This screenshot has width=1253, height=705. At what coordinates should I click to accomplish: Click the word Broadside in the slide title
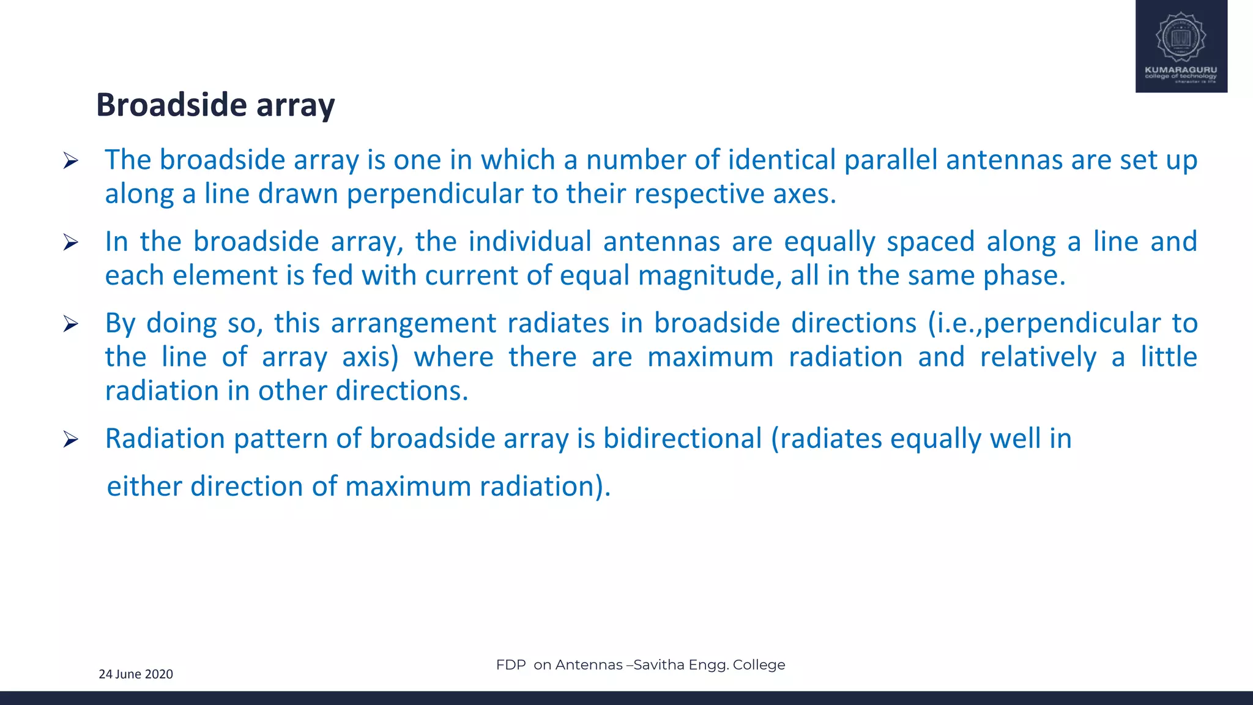pos(172,105)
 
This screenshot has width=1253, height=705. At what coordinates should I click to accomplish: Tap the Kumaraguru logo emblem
pos(1181,38)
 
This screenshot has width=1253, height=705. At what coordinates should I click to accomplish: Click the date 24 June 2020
pos(136,674)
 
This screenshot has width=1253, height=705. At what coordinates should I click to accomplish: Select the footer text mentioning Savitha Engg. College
pos(641,665)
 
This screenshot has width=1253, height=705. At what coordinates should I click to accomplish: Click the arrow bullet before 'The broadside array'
pos(71,161)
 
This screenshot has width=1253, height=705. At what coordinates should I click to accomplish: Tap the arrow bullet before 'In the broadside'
pos(71,243)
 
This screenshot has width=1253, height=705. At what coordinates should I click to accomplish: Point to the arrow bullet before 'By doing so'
pos(71,324)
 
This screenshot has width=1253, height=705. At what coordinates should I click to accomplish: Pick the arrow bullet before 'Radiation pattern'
pos(71,439)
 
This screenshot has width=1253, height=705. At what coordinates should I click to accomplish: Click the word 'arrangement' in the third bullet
pos(414,323)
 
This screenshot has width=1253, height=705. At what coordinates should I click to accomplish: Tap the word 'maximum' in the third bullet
pos(711,357)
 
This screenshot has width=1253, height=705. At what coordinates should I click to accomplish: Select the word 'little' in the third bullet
pos(1169,357)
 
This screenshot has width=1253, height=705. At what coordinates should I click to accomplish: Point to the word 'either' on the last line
pos(144,487)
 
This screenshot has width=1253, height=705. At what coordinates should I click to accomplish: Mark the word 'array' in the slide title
pos(296,106)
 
